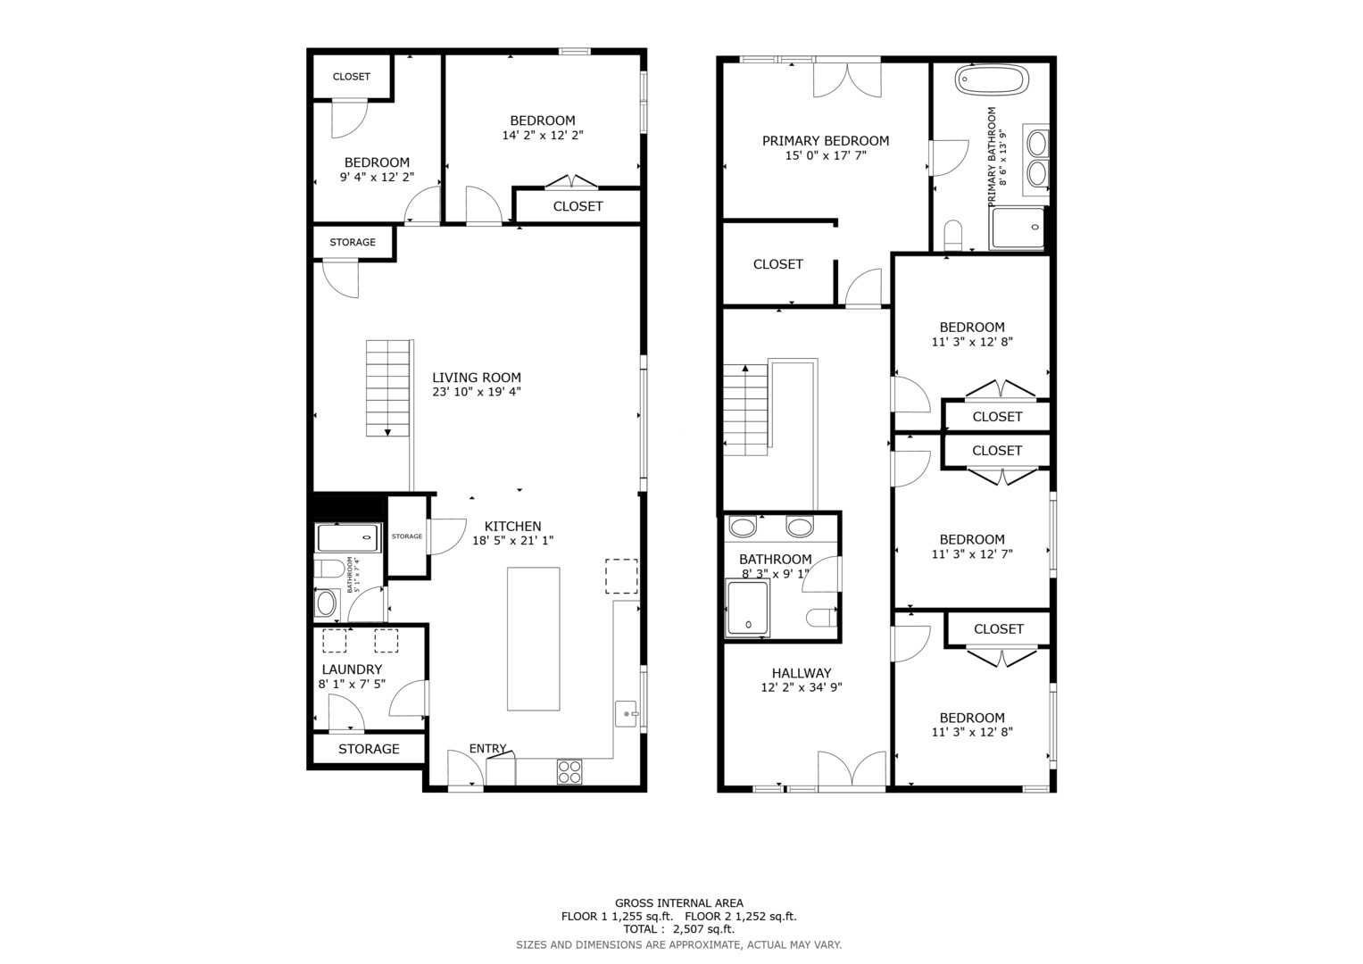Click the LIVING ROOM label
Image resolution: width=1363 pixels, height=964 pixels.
point(477,378)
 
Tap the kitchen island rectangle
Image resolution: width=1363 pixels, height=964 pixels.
point(534,639)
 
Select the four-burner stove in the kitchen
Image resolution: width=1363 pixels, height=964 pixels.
point(569,772)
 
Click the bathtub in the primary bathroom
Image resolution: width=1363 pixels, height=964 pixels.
point(992,79)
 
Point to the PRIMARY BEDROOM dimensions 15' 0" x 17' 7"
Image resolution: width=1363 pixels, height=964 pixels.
point(826,155)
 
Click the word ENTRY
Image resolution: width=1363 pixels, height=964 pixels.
point(487,748)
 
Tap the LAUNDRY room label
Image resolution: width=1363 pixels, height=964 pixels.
point(352,669)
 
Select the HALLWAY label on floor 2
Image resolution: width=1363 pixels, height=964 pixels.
point(802,672)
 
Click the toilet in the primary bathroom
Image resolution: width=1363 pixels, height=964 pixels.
point(953,235)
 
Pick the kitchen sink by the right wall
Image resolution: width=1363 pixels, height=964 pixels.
point(626,714)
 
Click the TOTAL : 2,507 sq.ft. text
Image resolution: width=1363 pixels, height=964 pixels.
point(679,928)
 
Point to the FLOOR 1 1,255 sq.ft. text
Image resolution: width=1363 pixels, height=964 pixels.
point(617,916)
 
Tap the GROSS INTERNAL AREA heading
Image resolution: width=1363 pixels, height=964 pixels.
point(679,903)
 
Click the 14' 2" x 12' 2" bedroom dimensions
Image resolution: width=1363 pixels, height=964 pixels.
point(543,135)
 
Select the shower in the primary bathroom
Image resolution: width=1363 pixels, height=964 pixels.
point(1018,228)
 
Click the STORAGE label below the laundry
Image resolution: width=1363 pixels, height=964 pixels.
point(369,749)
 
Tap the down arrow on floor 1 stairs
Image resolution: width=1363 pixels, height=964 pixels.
point(387,432)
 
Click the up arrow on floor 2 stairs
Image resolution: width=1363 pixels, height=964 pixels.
point(744,368)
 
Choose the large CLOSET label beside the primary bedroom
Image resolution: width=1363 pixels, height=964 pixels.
point(778,264)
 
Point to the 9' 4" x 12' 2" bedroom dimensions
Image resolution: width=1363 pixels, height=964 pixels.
point(377,177)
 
